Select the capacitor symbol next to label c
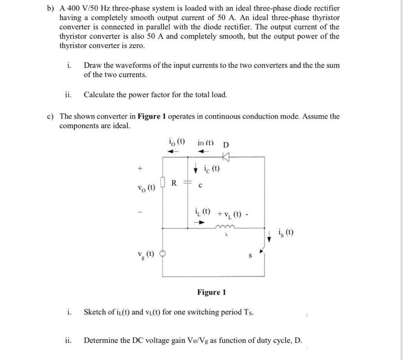pos(187,183)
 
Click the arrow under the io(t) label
pos(174,151)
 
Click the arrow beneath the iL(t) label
pos(201,222)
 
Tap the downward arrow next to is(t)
pos(270,237)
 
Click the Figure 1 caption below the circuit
pos(212,292)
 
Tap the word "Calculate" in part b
pos(101,95)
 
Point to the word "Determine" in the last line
pos(102,340)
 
